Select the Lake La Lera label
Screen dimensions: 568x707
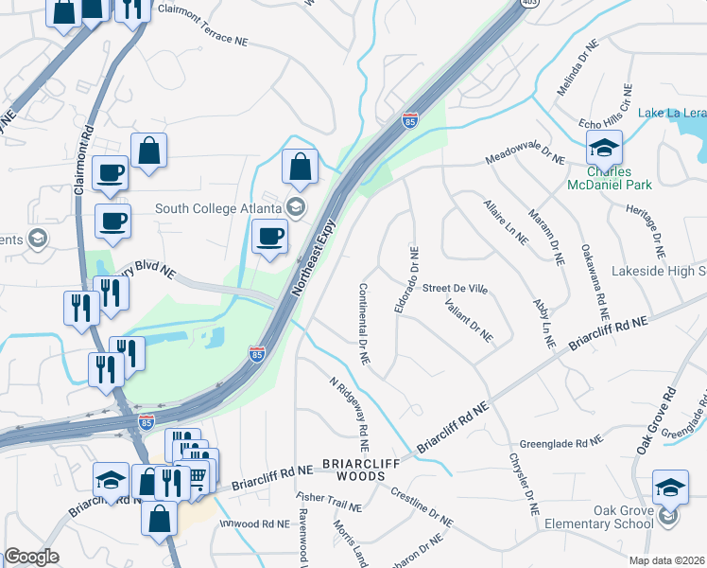(x=671, y=114)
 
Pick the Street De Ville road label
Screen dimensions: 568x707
(x=455, y=288)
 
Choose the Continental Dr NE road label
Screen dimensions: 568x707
(x=363, y=325)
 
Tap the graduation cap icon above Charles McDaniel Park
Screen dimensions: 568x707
(x=604, y=147)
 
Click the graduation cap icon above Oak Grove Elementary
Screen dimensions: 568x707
(x=670, y=487)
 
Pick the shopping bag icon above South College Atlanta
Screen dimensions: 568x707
(x=299, y=167)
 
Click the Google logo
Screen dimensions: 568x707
(x=31, y=557)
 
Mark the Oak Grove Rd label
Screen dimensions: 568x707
(x=658, y=419)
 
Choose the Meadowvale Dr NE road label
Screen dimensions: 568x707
(x=525, y=152)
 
